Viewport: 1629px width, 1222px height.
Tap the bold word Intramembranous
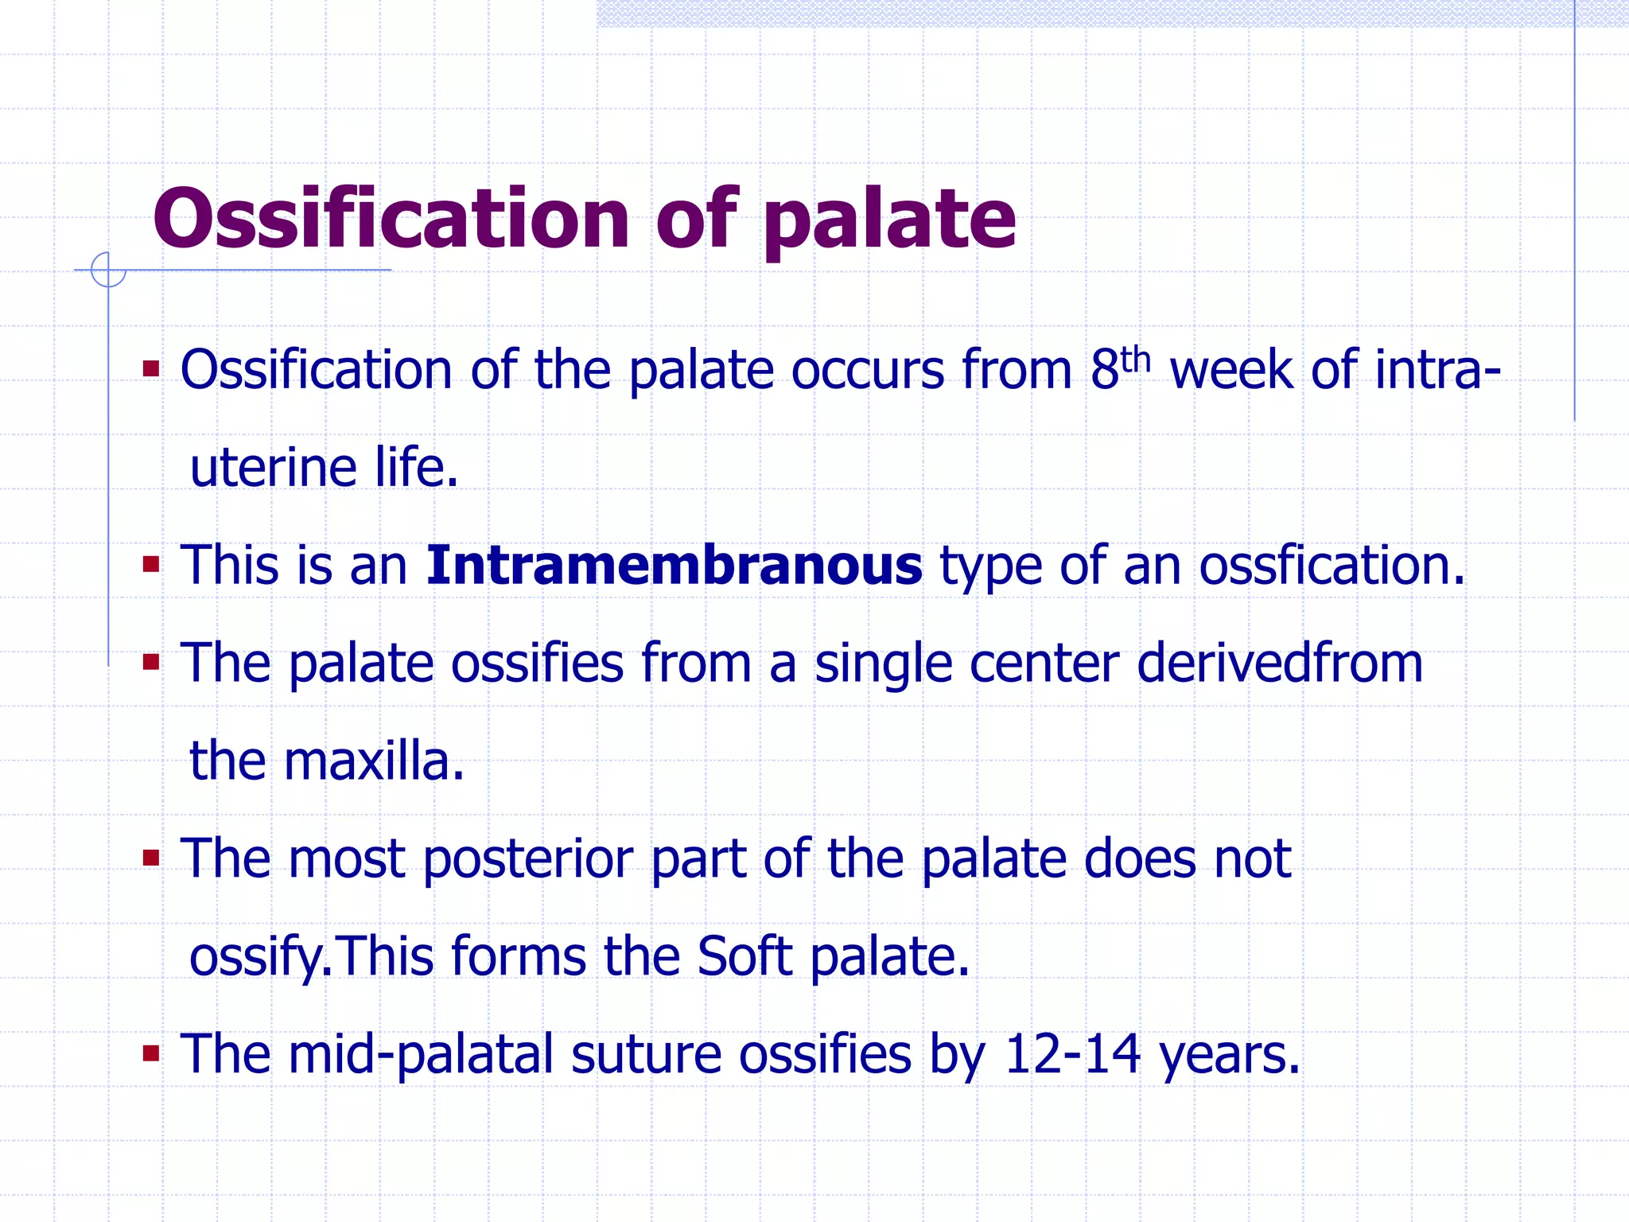coord(674,565)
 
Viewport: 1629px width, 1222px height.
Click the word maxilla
coord(373,761)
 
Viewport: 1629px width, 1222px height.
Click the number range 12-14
coord(1072,1054)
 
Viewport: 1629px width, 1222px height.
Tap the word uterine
coord(273,467)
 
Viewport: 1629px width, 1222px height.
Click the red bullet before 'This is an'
coord(151,566)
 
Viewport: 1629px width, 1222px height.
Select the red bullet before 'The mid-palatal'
coord(151,1054)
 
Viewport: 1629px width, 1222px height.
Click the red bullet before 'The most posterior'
coord(151,858)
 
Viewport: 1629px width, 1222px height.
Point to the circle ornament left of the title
coord(108,270)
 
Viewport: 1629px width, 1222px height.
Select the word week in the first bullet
coord(1230,371)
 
